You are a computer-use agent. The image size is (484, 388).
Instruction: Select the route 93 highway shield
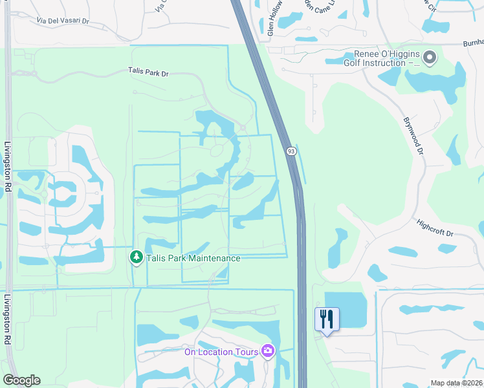(x=292, y=151)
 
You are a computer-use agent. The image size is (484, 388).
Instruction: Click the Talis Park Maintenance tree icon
(x=137, y=257)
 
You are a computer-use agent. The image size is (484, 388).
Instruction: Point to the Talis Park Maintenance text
(x=193, y=258)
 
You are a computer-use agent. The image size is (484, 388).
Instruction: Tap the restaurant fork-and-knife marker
(x=327, y=319)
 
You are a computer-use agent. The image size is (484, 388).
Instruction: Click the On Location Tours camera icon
(x=268, y=351)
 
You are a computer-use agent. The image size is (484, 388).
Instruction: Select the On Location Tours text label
(x=221, y=352)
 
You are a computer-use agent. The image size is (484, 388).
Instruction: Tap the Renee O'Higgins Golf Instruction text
(x=388, y=59)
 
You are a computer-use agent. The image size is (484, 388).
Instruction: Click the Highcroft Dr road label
(x=436, y=228)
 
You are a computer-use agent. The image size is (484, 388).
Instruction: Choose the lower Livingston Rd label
(x=8, y=319)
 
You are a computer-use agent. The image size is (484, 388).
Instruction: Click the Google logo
(x=21, y=380)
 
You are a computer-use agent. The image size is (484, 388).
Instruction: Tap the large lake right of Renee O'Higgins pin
(x=446, y=81)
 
